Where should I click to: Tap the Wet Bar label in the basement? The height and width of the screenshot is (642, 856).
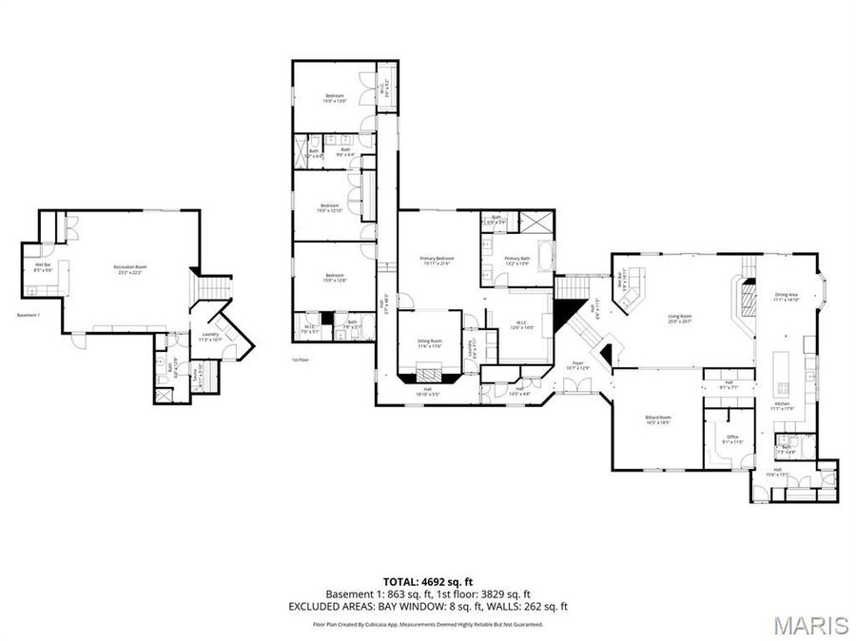click(x=44, y=267)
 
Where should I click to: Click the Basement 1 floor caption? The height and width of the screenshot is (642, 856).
click(x=29, y=316)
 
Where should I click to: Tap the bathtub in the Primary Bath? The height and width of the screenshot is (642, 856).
click(x=546, y=257)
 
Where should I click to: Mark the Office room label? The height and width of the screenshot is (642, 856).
click(x=732, y=439)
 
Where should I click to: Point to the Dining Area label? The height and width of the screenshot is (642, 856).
click(x=786, y=297)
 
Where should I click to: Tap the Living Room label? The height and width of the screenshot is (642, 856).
click(x=678, y=319)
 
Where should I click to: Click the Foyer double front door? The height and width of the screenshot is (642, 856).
click(x=576, y=384)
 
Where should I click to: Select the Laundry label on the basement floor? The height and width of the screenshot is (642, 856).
click(x=209, y=337)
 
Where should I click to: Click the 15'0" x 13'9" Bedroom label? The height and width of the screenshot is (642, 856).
click(x=335, y=98)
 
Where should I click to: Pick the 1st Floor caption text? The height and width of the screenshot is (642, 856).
click(x=301, y=360)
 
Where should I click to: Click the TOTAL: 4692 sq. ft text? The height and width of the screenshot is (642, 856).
click(x=427, y=580)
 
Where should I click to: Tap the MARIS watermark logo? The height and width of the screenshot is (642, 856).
click(x=810, y=625)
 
